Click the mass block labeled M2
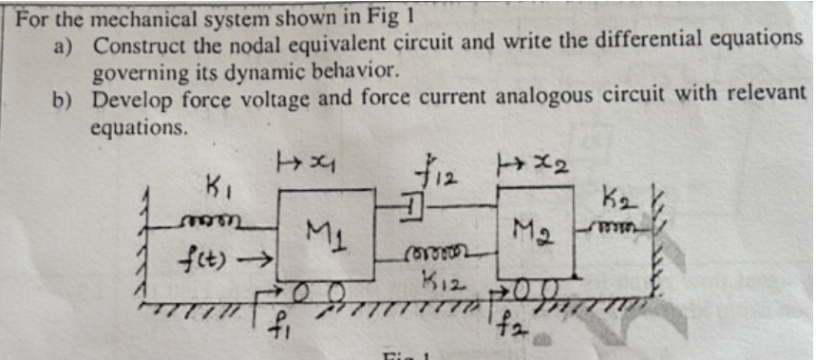[535, 234]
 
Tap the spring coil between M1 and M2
[436, 256]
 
